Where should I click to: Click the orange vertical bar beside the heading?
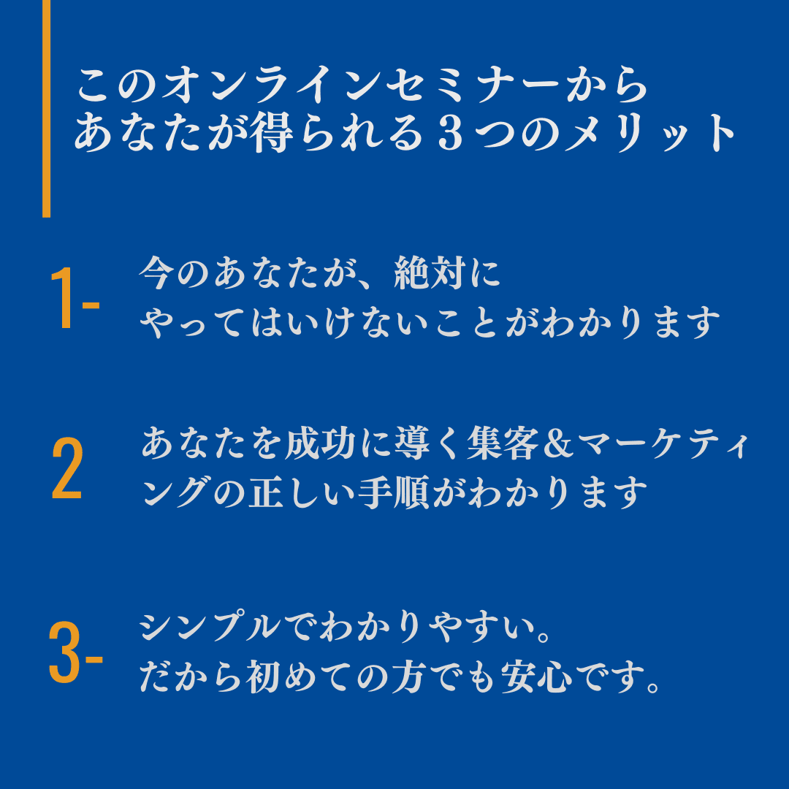click(47, 108)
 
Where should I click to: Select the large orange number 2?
click(67, 470)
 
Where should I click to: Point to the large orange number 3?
click(64, 652)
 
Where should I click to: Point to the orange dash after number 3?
click(94, 657)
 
